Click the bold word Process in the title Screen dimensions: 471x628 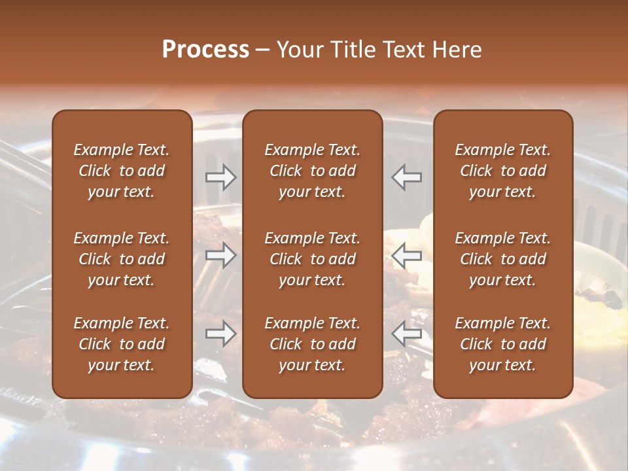(205, 50)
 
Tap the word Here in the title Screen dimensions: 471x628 (457, 50)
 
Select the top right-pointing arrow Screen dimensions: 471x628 (220, 177)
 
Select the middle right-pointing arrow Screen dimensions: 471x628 (220, 255)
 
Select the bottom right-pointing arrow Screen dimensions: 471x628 (220, 334)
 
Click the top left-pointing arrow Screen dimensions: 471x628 (407, 177)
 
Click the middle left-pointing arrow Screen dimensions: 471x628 (407, 255)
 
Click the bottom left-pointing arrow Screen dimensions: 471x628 (407, 334)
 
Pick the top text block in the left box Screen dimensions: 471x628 (122, 171)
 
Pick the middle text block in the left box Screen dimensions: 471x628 (122, 259)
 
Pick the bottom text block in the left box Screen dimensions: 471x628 (122, 344)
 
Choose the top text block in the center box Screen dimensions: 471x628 (312, 171)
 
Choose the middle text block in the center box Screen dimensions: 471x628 (312, 259)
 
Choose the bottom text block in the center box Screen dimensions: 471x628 (312, 344)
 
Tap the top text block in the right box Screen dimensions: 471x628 (502, 171)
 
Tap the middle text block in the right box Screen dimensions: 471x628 (502, 259)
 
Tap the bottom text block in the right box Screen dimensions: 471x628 (502, 344)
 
